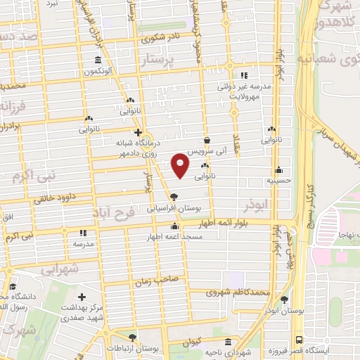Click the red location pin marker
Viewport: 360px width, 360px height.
click(x=180, y=165)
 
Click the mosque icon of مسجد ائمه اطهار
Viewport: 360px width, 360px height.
click(x=174, y=226)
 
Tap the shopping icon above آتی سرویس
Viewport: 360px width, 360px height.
click(x=207, y=141)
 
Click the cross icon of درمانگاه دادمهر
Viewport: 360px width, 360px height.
click(x=138, y=131)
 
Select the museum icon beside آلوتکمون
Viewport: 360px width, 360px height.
click(x=96, y=60)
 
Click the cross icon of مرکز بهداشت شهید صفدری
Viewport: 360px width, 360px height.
click(x=83, y=297)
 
